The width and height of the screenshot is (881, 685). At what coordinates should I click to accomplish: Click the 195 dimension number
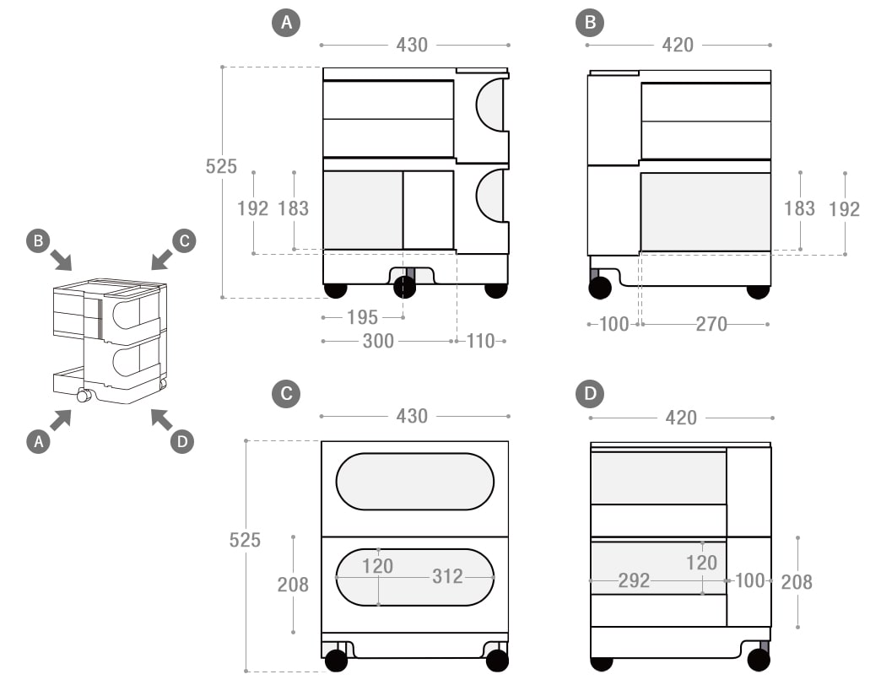coord(363,317)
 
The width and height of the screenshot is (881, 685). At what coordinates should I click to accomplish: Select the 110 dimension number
coord(480,341)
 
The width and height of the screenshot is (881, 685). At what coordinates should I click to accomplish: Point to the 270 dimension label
coord(711,324)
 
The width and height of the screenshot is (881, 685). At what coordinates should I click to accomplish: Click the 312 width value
coord(447,576)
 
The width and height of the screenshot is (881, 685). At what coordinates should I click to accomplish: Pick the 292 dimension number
coord(634,580)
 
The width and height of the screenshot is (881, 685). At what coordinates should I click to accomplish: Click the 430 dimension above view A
coord(412,45)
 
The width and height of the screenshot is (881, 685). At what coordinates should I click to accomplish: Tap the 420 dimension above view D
coord(681,418)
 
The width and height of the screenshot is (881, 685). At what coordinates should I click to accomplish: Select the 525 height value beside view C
coord(245,540)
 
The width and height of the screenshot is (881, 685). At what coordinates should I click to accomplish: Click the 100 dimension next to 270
coord(614,324)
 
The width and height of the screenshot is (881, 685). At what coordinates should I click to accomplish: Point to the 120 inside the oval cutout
coord(378,566)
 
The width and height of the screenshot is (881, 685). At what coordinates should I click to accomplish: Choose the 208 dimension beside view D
coord(797,581)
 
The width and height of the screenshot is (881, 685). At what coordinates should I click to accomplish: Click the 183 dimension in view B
coord(799,208)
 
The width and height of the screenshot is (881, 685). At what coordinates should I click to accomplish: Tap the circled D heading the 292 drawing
coord(589,393)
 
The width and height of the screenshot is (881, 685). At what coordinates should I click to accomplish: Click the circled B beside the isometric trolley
coord(37,240)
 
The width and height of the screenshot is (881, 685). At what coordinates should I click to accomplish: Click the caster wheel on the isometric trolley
coord(84,396)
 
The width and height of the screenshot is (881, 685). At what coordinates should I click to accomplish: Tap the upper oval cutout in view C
coord(414,482)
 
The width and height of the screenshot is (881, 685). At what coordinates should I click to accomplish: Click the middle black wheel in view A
coord(405,287)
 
